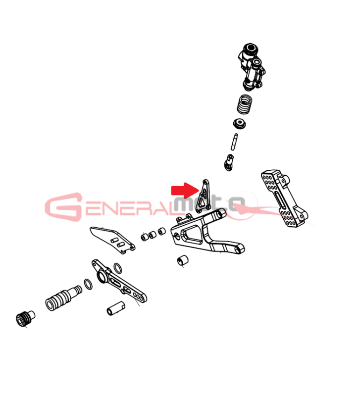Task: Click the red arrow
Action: coord(185,190)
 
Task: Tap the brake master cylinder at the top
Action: coord(251,67)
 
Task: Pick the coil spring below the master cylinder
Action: coord(245,104)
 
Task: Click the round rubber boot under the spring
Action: coord(240,123)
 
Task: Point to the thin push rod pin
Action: coord(234,142)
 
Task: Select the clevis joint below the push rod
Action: coord(229,163)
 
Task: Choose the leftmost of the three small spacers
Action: coord(145,237)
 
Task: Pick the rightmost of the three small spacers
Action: coord(162,231)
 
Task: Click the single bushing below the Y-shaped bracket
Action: coord(183,260)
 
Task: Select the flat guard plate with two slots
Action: coord(112,240)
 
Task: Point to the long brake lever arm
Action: coord(119,281)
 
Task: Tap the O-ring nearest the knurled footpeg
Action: coord(88,284)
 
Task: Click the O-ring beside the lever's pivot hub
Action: coord(117,268)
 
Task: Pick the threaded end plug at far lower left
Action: coord(25,318)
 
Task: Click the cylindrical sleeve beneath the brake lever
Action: coord(116,308)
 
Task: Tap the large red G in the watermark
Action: coord(64,207)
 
